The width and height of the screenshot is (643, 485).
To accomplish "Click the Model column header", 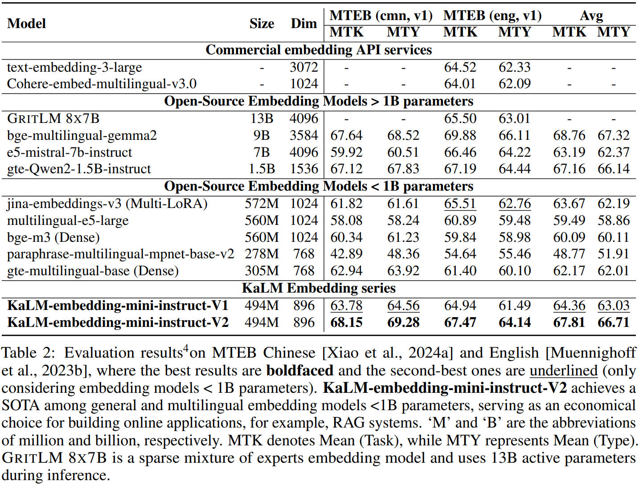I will coord(26,24).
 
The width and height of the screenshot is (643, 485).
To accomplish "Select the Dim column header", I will coord(303,24).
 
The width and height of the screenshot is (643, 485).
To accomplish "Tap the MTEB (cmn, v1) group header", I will coord(381,16).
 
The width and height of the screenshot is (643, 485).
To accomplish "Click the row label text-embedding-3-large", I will coord(74,67).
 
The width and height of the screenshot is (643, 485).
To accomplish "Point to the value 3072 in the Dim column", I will coord(303,67).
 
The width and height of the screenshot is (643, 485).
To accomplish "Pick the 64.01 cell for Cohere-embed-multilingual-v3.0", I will coord(460,84).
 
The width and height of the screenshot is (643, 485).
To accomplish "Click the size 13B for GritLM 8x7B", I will coord(262,118).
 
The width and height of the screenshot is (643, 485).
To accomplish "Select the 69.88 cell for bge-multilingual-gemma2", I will coord(460,135).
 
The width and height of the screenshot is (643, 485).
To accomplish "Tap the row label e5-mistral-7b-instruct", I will coord(70,152).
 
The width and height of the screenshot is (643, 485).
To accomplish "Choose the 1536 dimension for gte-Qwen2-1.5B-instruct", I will coord(303,169).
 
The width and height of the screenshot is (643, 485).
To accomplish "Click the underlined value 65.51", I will coord(460,204).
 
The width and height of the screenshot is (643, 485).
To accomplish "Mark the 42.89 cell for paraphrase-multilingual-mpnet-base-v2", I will coord(346,254).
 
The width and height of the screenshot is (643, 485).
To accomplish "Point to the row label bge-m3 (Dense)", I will coord(53,237).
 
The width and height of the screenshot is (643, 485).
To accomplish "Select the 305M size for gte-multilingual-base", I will coord(262,271).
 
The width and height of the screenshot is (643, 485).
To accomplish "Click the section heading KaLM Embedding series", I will coord(319,288).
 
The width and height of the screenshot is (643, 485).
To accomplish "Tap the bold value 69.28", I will coord(403,322).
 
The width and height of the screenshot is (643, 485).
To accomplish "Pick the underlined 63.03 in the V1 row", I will coord(614,306).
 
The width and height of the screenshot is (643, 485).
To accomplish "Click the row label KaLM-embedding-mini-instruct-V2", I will coord(118,322).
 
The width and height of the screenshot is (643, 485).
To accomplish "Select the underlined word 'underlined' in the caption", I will coord(563,371).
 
